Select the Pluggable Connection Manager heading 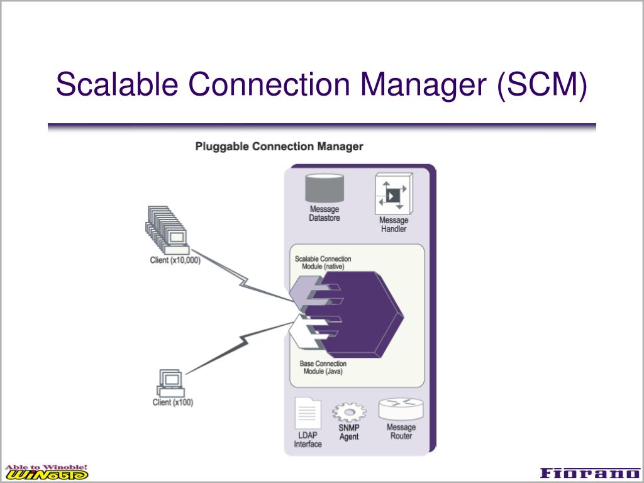[279, 147]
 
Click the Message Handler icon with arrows [394, 194]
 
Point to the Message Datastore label [325, 214]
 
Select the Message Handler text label [394, 225]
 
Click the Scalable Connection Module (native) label [323, 263]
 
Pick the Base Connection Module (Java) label [323, 368]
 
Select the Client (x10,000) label [176, 260]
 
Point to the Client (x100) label [173, 402]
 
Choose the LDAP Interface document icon [308, 414]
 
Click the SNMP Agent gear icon [348, 413]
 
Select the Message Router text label [401, 432]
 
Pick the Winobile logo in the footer [47, 472]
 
